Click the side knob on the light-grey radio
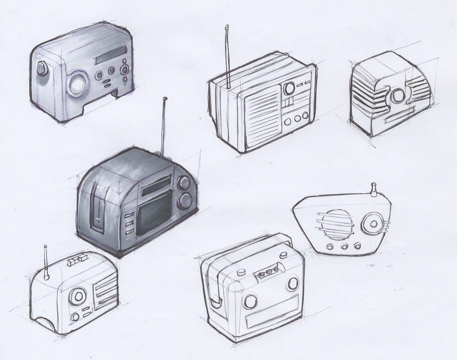tap(42, 69)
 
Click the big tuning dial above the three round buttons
tap(289, 88)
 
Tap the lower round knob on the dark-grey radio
tap(185, 200)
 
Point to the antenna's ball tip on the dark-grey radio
tap(164, 99)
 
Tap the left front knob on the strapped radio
tap(251, 301)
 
